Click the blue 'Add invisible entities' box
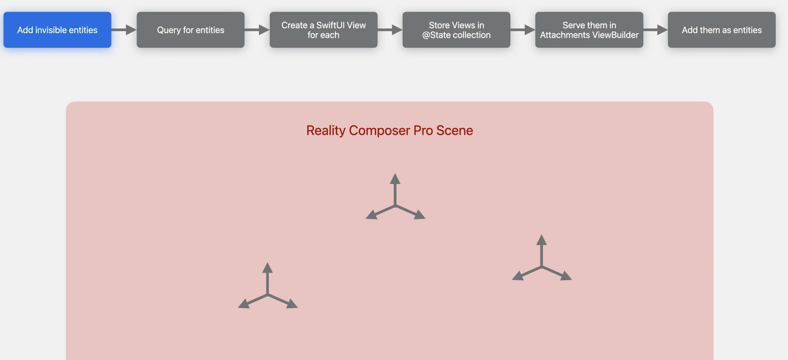pyautogui.click(x=57, y=30)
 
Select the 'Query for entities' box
pyautogui.click(x=190, y=30)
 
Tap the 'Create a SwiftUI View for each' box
pyautogui.click(x=323, y=30)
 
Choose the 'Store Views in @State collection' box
pyautogui.click(x=456, y=30)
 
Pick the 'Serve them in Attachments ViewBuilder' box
pyautogui.click(x=589, y=30)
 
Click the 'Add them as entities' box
pyautogui.click(x=721, y=30)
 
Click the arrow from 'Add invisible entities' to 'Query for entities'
pyautogui.click(x=124, y=30)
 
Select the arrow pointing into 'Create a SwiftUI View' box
pyautogui.click(x=257, y=30)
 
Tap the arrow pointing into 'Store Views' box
pyautogui.click(x=390, y=30)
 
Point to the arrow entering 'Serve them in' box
pyautogui.click(x=522, y=30)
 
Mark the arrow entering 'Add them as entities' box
pyautogui.click(x=655, y=30)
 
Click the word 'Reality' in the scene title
pyautogui.click(x=326, y=131)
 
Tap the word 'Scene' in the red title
pyautogui.click(x=454, y=131)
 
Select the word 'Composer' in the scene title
pyautogui.click(x=379, y=131)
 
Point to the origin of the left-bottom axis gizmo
pyautogui.click(x=268, y=295)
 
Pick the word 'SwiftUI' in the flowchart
pyautogui.click(x=330, y=25)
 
